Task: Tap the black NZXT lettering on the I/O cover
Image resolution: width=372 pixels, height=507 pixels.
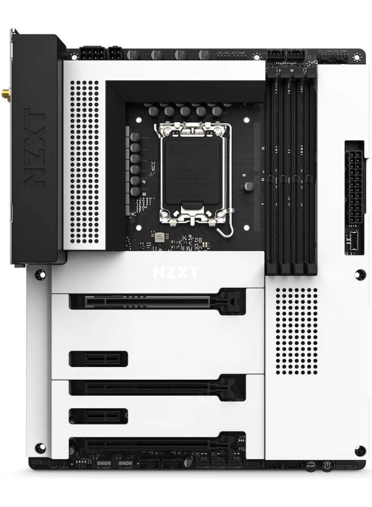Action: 34,147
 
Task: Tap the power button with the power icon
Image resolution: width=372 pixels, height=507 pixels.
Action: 327,465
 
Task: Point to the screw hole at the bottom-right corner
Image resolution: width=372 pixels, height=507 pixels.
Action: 360,450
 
